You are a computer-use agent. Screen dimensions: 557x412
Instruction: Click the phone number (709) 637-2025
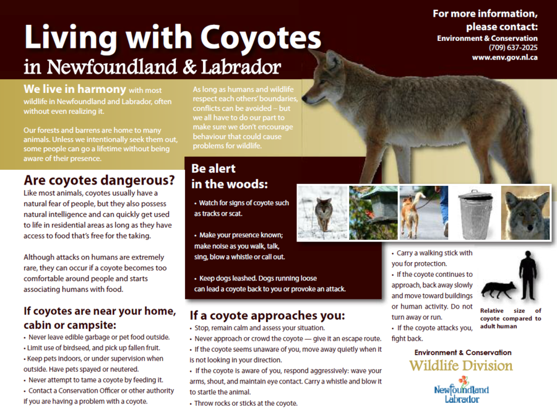coord(513,48)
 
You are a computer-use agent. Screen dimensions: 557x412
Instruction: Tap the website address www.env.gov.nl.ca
coord(504,57)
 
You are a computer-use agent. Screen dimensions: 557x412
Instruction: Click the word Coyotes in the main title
coord(261,37)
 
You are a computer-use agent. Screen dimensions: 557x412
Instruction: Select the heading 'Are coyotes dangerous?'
coord(99,180)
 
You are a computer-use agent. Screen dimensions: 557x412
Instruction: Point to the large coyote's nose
coord(304,97)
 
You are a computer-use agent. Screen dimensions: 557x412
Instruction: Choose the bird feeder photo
coord(373,213)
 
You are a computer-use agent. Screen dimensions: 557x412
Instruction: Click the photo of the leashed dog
coord(424,213)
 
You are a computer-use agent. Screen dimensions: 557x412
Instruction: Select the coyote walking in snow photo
coord(322,213)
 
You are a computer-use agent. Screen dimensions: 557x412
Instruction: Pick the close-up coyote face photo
coord(525,213)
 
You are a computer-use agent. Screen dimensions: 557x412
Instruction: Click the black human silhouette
coord(527,276)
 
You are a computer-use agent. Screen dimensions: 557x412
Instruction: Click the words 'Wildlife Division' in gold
coord(460,366)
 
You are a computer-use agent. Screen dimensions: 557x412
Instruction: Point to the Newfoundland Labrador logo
coord(462,390)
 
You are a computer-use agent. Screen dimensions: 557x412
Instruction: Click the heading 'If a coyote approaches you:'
coord(267,316)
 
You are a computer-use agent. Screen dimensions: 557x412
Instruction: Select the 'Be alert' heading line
coord(214,169)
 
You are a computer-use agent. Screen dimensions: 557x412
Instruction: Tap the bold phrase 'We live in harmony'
coord(75,89)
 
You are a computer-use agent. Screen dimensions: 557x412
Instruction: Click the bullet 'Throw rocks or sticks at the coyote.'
coord(244,403)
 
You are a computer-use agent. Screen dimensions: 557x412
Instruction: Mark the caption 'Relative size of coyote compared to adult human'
coord(511,318)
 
